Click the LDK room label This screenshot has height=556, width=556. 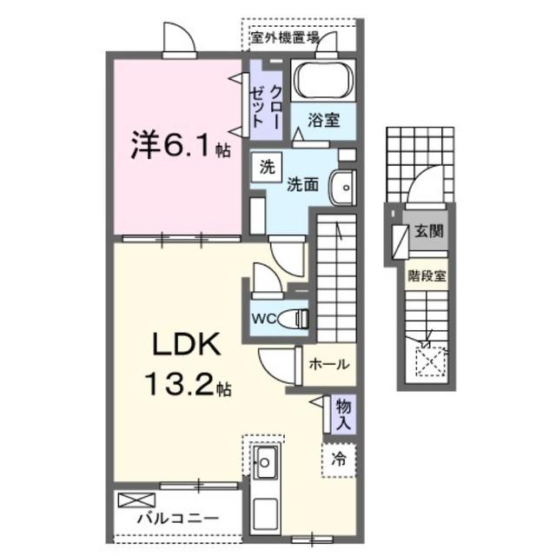(187, 346)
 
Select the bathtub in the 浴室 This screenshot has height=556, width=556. (322, 83)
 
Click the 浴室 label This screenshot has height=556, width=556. (326, 122)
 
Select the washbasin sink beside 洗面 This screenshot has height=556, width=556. (345, 185)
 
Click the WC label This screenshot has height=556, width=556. (264, 318)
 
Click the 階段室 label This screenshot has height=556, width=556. (427, 276)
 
